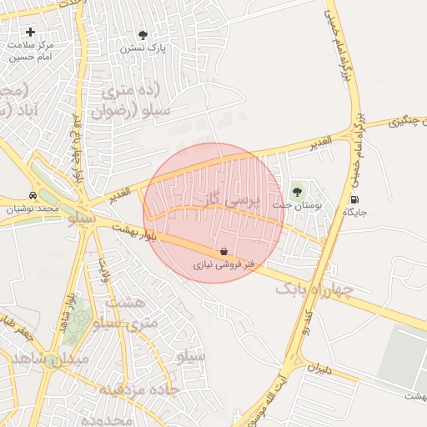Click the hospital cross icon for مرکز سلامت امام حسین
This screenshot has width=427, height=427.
coord(31,32)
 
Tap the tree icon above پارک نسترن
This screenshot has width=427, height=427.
coord(143,35)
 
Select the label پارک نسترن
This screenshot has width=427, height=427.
coord(143,48)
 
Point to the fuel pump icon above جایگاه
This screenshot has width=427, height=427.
coord(355,199)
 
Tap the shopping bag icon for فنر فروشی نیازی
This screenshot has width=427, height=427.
coord(224,251)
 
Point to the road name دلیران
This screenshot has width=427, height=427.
coord(319,367)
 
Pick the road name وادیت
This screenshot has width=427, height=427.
coord(105,269)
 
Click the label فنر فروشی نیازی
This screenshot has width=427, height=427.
coord(224,264)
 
